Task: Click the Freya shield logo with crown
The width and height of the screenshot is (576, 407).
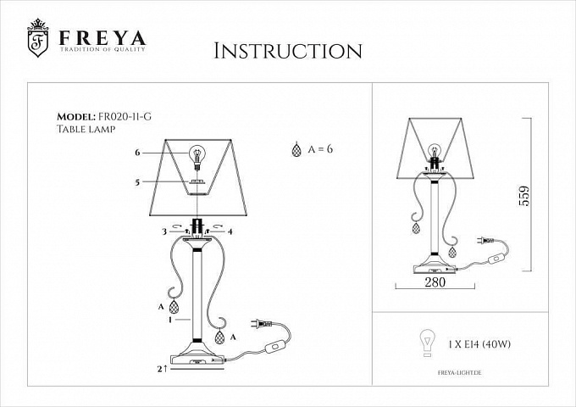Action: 38,38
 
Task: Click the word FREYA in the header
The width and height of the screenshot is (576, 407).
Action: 102,38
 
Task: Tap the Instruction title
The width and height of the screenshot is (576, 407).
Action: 288,51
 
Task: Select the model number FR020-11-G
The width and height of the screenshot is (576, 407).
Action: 125,116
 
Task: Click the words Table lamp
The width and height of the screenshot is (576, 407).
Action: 86,129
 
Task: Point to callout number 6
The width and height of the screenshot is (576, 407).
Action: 137,153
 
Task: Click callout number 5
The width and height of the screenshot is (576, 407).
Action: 137,182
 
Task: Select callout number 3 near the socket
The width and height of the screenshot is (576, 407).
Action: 164,231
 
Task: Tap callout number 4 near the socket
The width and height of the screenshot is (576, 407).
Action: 230,231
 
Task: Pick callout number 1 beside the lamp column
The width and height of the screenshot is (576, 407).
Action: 170,320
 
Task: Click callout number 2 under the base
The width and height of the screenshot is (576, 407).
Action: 160,369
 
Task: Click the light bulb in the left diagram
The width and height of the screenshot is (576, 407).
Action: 197,157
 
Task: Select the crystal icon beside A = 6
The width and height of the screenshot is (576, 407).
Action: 296,149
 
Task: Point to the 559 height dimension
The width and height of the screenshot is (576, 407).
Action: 524,196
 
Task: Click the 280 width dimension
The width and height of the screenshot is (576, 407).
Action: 435,282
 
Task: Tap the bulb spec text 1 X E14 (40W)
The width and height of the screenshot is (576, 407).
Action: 479,344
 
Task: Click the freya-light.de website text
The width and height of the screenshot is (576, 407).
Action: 460,373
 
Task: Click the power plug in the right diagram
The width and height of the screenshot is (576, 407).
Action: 485,241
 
